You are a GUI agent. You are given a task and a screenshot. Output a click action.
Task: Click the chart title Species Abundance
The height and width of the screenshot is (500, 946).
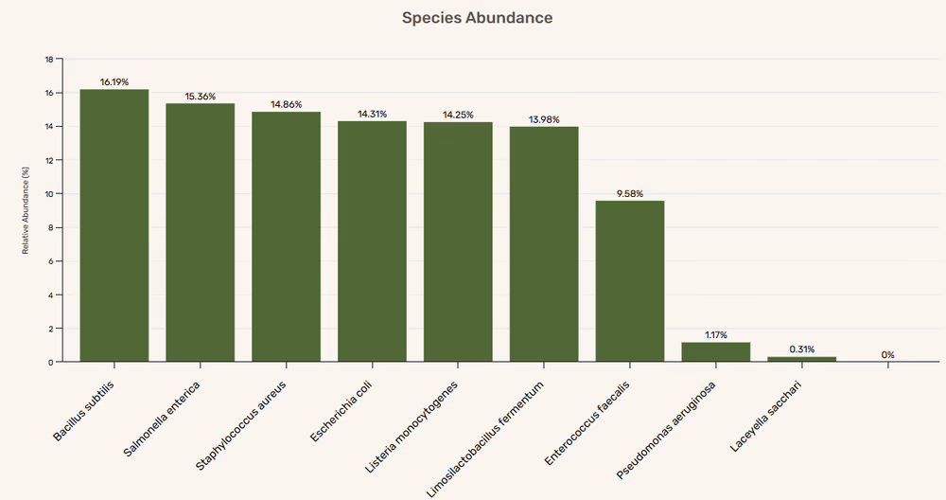click(x=477, y=18)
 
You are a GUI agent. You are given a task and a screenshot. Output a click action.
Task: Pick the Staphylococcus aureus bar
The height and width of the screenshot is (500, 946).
click(x=286, y=237)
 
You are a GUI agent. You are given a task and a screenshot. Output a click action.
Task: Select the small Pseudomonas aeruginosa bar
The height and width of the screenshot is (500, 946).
click(x=715, y=352)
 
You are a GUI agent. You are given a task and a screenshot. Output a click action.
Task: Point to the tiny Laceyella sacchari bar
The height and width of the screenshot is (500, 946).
click(x=801, y=359)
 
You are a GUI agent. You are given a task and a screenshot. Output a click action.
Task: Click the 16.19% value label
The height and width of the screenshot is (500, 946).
click(x=114, y=82)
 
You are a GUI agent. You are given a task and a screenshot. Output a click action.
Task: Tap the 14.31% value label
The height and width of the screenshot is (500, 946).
click(x=372, y=114)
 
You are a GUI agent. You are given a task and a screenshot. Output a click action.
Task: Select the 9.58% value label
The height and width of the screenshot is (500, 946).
click(x=630, y=193)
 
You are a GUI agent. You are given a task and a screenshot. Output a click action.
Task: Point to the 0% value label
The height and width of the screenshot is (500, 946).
click(x=887, y=355)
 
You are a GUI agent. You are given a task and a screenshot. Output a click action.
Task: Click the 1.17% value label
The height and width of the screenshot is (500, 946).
click(x=715, y=335)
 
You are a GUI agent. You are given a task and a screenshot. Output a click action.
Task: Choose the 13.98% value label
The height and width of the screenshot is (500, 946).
click(x=544, y=119)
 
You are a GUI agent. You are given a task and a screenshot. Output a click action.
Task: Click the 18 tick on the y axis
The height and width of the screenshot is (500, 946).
click(x=49, y=59)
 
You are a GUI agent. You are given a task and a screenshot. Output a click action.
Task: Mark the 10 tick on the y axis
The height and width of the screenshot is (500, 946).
click(x=49, y=194)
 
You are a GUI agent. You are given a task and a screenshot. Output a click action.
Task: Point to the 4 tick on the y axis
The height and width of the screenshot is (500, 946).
click(x=51, y=295)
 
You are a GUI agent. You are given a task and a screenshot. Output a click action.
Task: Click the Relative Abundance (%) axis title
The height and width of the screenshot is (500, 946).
click(x=26, y=210)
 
